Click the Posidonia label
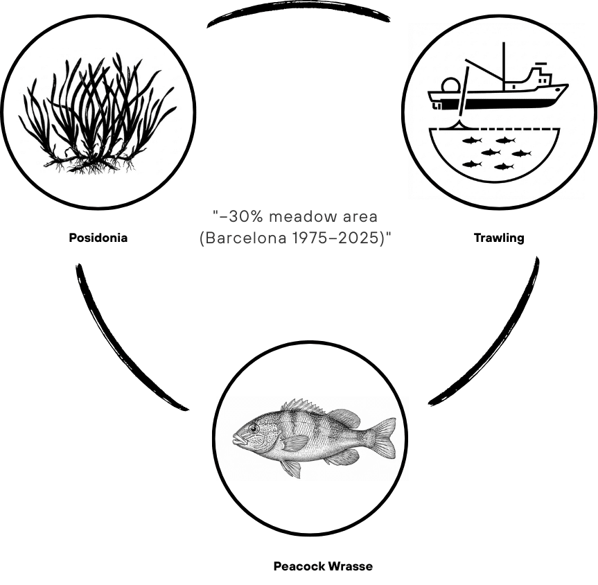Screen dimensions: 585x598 (98, 238)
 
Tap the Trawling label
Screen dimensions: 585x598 (498, 238)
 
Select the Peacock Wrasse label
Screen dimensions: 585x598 (323, 566)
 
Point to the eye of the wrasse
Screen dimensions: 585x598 (254, 429)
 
